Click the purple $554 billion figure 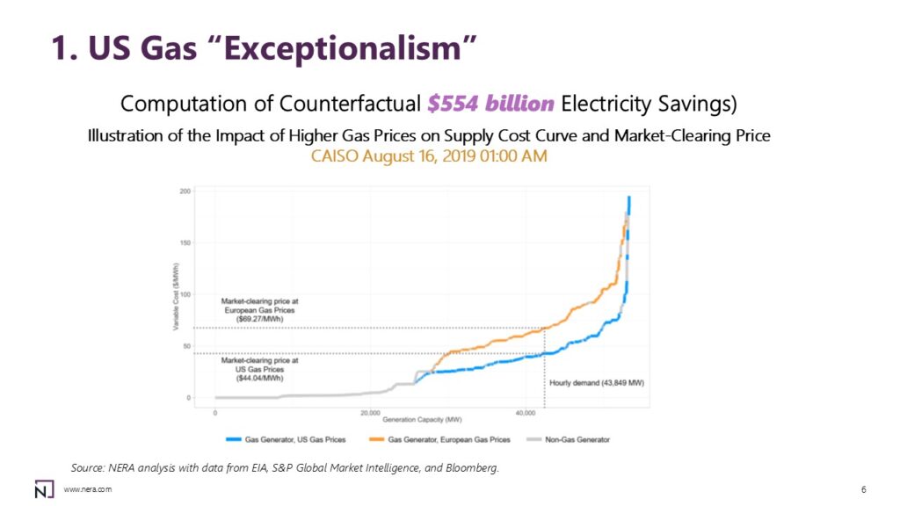click(490, 104)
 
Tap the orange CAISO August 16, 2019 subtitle click(430, 156)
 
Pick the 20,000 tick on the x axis click(370, 411)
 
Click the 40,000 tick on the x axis click(526, 411)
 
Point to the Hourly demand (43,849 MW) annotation click(586, 383)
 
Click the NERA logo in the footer click(42, 488)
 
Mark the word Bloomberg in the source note click(474, 467)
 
